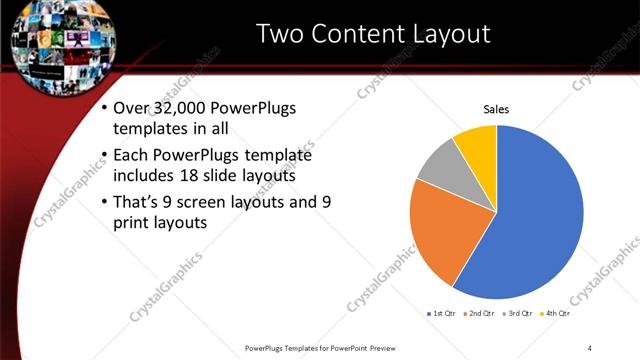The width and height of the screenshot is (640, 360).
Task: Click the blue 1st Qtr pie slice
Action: pos(540,220)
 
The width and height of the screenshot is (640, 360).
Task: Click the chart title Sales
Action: pos(497,109)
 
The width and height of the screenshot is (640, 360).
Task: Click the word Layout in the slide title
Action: pos(445,34)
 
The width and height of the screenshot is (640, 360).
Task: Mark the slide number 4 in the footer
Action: pos(590,347)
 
